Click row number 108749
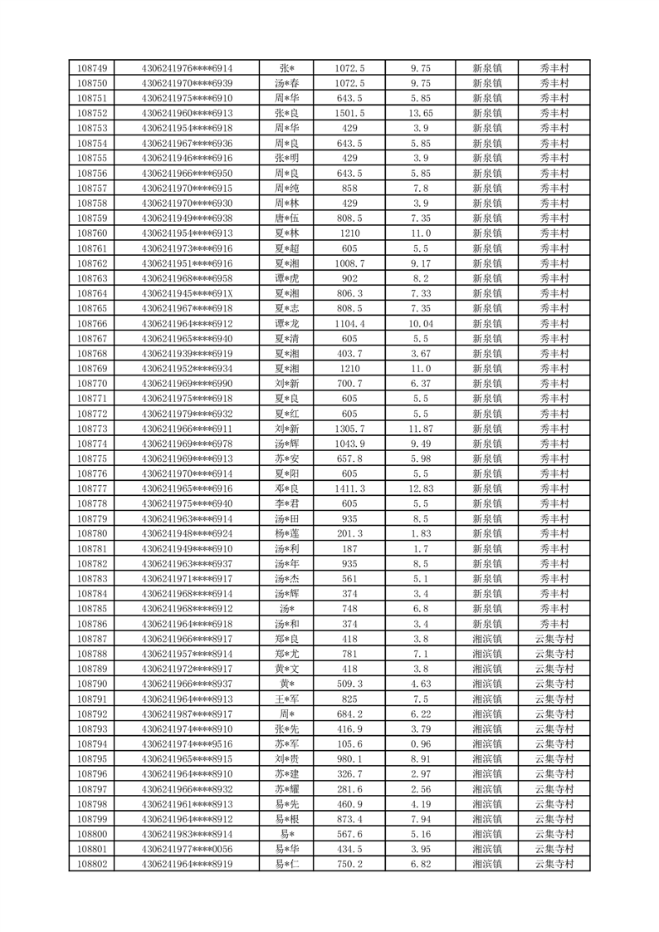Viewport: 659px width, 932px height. point(92,68)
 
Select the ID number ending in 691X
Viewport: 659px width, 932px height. point(187,293)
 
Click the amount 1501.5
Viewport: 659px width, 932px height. point(349,113)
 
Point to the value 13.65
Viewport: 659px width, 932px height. point(421,113)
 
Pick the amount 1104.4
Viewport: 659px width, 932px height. point(349,323)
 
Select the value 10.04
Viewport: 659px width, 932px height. point(421,323)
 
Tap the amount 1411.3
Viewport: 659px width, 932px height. point(349,488)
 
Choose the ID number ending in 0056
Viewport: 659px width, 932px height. point(187,849)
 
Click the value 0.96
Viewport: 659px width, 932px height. point(421,743)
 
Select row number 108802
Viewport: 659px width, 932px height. point(92,864)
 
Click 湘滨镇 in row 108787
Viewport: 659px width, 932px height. point(487,639)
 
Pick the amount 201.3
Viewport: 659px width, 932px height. point(349,533)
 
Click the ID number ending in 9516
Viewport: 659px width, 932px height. point(187,743)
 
